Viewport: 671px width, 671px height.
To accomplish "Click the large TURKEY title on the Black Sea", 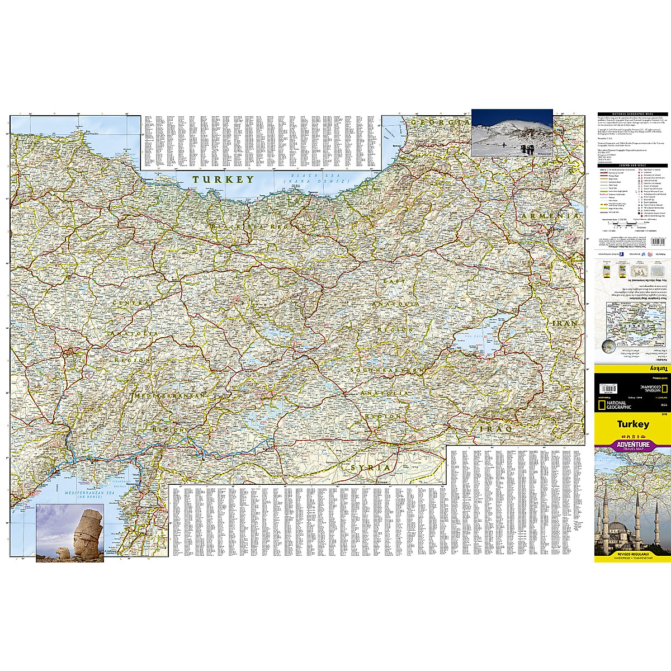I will [223, 179].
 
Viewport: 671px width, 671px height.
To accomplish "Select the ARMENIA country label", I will [549, 215].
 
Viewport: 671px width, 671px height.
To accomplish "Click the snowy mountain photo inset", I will [512, 132].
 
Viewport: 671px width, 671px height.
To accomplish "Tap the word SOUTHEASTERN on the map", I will [386, 371].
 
